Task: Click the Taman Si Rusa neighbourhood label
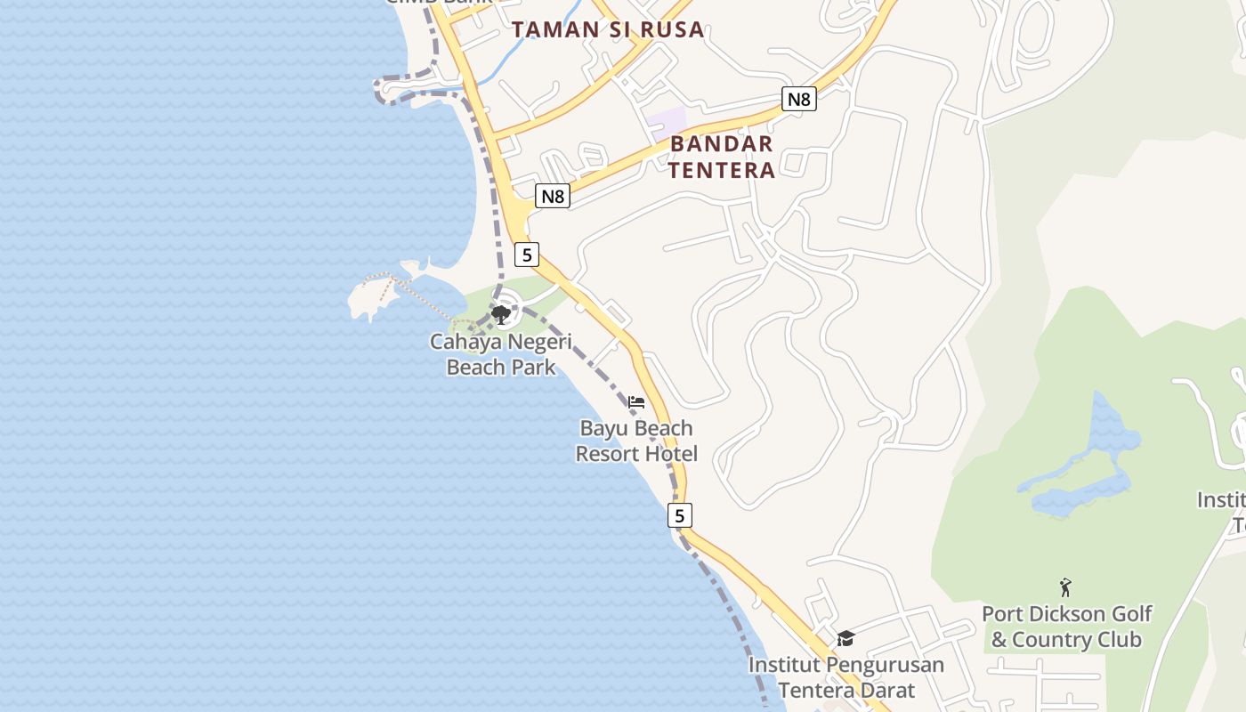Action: [608, 29]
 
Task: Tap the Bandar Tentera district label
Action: [721, 157]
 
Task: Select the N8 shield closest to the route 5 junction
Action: [553, 196]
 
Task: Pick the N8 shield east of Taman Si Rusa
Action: [799, 99]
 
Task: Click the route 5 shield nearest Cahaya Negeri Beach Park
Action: [527, 255]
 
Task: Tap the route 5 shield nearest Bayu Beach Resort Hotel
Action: [680, 515]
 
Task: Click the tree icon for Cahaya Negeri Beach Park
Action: [501, 314]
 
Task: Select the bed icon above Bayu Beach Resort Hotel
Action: [636, 402]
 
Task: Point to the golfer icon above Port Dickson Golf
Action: [1065, 587]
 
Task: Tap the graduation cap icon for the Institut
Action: [845, 639]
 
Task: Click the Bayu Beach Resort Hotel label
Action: [636, 441]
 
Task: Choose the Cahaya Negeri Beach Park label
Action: [501, 354]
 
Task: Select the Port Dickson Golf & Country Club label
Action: [1067, 627]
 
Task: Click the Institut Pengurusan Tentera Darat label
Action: [845, 677]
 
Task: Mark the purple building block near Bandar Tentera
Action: [667, 122]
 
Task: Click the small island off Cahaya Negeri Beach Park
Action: [372, 297]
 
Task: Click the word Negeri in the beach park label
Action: [539, 342]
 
